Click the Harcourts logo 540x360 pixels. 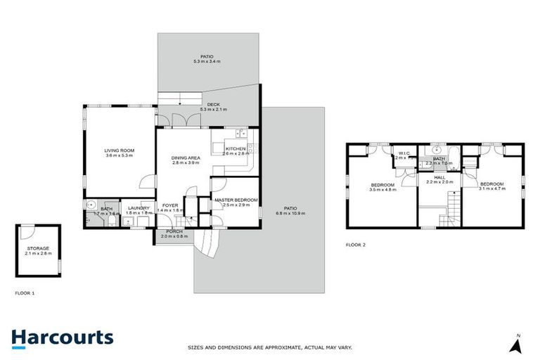coord(62,337)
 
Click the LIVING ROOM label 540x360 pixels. coord(119,150)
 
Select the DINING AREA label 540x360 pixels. coord(186,157)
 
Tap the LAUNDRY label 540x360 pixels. coord(138,207)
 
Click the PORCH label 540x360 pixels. coord(174,231)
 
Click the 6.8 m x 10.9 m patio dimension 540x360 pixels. coord(290,213)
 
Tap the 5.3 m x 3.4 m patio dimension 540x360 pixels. coord(207,62)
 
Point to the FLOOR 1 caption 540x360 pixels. coord(25,291)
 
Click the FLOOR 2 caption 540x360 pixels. coord(356,245)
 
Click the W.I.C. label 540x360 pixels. coord(404,153)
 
